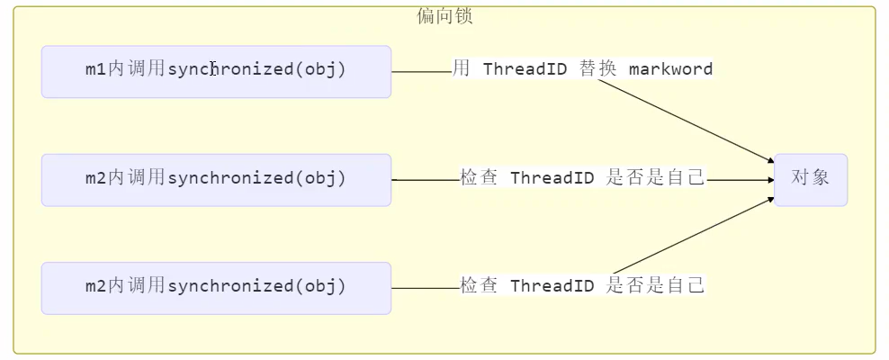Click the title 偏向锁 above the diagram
pos(444,16)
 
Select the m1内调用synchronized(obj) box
pos(216,71)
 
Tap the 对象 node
pos(810,178)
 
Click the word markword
pos(670,69)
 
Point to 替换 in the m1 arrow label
pos(598,69)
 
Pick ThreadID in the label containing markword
pos(525,69)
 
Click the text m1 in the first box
pos(95,69)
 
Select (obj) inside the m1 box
pos(320,69)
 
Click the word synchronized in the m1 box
pos(231,69)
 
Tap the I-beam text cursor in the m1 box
pos(212,69)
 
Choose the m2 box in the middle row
pos(216,179)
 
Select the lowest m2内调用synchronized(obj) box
pos(216,287)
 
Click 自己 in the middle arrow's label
pos(686,177)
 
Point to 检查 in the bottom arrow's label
pos(479,285)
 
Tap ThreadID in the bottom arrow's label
pos(552,286)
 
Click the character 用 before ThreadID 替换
pos(461,69)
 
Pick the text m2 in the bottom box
pos(95,286)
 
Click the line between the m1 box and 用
pos(421,71)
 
